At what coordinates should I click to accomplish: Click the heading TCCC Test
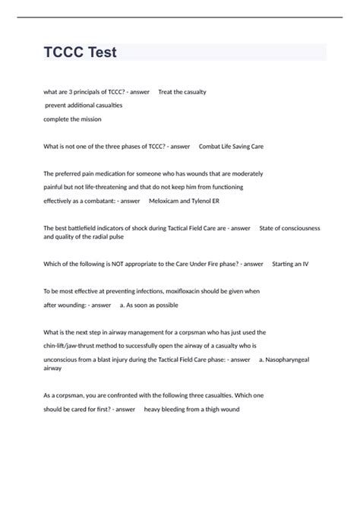click(81, 53)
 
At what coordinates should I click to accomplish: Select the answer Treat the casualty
click(182, 92)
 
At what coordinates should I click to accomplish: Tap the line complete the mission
click(72, 119)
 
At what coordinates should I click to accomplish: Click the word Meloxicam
click(166, 201)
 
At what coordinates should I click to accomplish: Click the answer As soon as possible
click(153, 305)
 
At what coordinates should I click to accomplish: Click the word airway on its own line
click(52, 368)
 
